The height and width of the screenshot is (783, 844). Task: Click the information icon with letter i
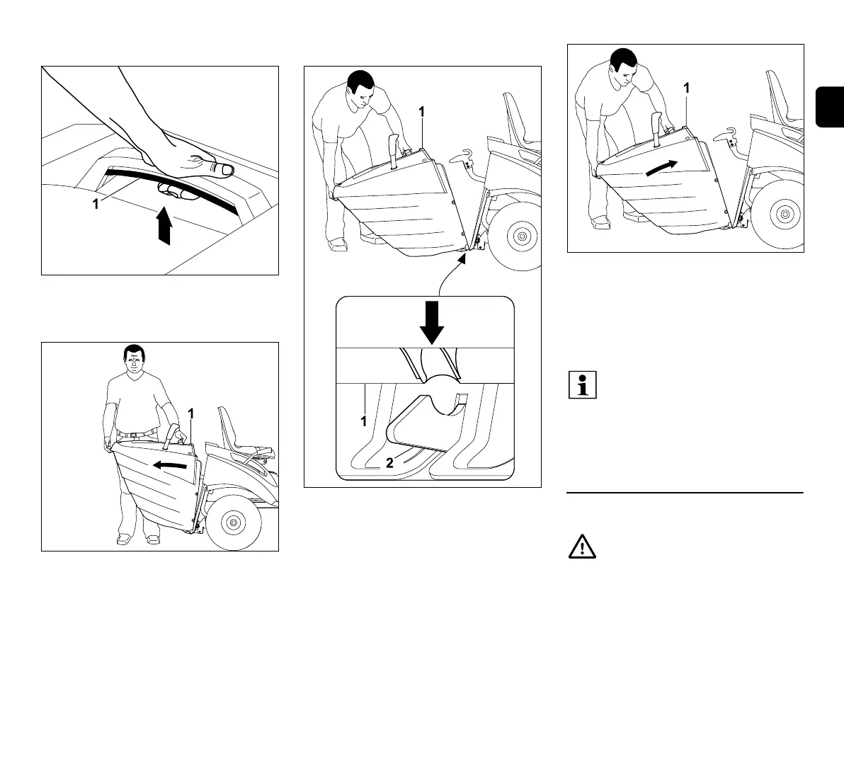[582, 384]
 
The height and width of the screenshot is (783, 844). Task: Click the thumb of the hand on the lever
[222, 168]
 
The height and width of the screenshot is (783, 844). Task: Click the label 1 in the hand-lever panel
[96, 205]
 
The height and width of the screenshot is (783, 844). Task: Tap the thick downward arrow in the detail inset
[431, 324]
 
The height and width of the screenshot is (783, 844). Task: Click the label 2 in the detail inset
[389, 464]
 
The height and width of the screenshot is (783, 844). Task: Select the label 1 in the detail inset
[364, 421]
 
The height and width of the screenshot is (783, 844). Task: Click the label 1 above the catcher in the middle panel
[421, 112]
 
